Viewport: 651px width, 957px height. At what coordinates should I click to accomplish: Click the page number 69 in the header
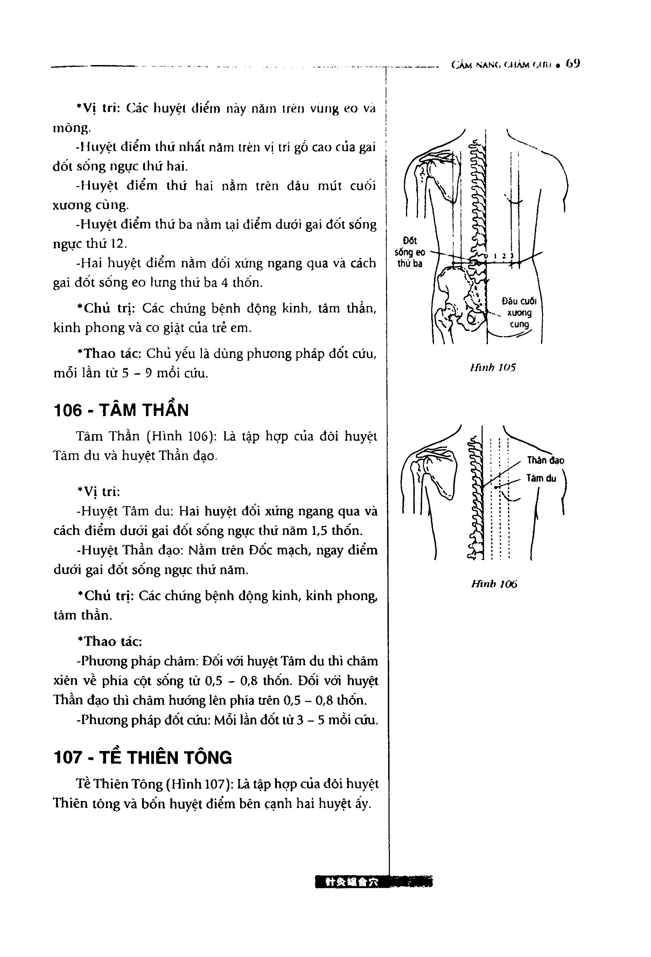573,64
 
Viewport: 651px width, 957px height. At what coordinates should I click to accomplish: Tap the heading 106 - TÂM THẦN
121,411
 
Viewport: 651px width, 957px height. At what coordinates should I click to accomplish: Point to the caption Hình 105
492,367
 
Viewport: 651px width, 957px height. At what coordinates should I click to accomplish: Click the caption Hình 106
494,584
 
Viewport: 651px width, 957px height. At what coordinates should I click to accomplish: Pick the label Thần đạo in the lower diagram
546,460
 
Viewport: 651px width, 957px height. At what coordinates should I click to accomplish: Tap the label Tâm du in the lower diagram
541,478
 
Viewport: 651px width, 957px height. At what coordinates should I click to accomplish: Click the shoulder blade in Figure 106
437,474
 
